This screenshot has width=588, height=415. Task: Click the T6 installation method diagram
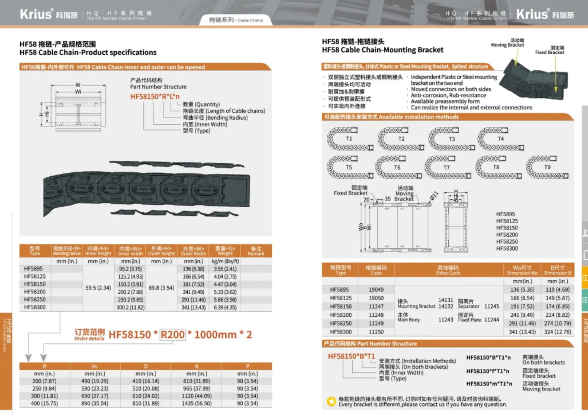[398, 167]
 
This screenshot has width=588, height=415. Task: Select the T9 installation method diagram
[547, 167]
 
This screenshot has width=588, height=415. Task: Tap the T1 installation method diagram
[350, 139]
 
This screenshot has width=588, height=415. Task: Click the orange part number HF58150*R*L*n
[155, 97]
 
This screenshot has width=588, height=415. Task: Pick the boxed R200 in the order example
[173, 335]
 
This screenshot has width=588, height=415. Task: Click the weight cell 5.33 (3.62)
[225, 292]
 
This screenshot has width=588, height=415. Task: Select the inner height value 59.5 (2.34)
[98, 288]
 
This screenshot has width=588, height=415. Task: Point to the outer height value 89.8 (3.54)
[161, 288]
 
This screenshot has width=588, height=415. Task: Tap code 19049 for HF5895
[376, 290]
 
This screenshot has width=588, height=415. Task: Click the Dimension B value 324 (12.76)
[557, 332]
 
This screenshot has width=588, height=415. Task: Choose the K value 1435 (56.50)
[197, 404]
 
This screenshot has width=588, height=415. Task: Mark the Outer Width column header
[193, 251]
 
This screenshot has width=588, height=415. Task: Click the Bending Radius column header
[67, 251]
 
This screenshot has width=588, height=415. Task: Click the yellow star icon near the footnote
[331, 401]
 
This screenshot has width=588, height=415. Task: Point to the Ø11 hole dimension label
[434, 196]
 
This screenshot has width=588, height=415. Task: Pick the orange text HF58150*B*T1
[351, 356]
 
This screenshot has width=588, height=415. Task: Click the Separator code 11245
[492, 306]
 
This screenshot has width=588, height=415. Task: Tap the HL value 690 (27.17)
[95, 396]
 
